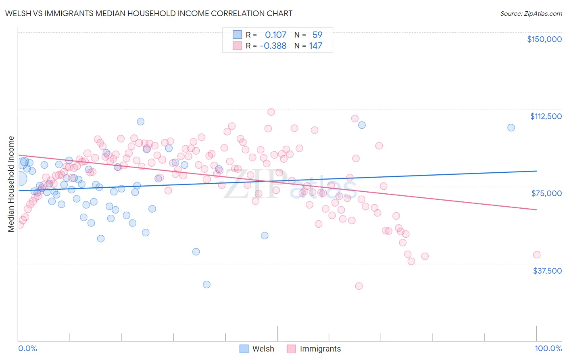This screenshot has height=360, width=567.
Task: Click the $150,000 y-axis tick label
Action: pos(544,39)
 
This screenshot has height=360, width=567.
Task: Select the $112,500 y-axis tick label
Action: pos(546,116)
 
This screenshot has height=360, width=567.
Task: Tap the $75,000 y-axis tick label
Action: pos(546,193)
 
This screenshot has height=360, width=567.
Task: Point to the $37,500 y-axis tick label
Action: pos(547,271)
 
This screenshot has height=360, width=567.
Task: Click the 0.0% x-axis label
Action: pos(27,348)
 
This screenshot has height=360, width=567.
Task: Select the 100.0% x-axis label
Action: pos(548,348)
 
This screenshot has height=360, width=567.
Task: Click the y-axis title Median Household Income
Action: pos(11,184)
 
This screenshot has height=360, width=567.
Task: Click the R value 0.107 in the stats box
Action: pos(275,35)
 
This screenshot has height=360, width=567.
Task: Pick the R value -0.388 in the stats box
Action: pos(273,46)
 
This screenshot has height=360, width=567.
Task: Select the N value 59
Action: pos(317,35)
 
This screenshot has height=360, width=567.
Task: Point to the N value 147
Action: pos(316,46)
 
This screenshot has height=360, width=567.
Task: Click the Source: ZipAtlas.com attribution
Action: pos(531,14)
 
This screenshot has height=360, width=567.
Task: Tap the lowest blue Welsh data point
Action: pos(206,285)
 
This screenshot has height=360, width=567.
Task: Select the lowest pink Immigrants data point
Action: pos(359,286)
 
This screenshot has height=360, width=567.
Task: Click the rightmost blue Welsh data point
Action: pos(511,128)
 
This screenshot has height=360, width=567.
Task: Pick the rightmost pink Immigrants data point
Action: pos(537,255)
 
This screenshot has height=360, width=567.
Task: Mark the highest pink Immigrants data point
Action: pos(271,112)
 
